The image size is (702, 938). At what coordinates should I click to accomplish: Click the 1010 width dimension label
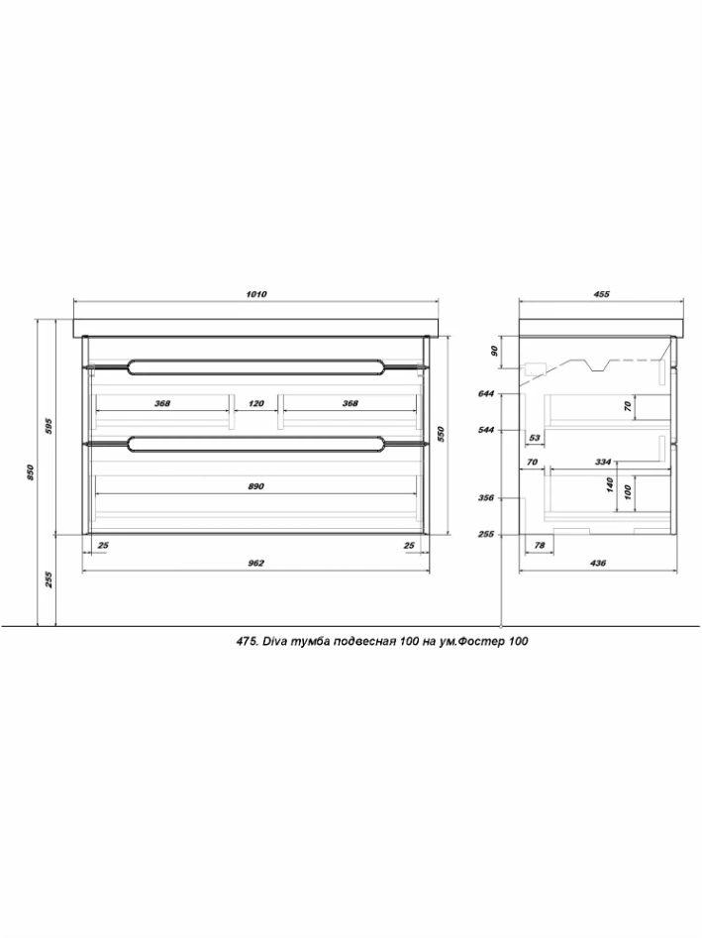[255, 294]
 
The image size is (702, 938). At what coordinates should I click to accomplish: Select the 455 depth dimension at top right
[602, 294]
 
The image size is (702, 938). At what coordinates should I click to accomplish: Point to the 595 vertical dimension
[50, 425]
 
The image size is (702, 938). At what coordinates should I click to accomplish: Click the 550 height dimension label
[441, 434]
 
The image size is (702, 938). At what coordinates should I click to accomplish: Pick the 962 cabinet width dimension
[255, 563]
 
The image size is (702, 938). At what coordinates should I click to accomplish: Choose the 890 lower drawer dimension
[255, 486]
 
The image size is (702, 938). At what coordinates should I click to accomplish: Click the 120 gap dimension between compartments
[255, 403]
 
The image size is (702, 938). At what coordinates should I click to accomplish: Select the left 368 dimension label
[162, 403]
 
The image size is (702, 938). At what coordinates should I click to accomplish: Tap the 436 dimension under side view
[598, 563]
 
